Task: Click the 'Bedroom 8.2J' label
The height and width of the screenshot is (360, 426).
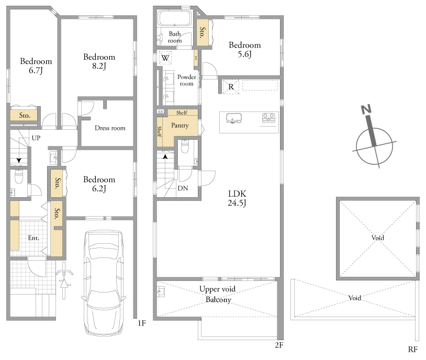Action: (99, 61)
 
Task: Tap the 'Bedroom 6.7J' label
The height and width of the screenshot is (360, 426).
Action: (36, 66)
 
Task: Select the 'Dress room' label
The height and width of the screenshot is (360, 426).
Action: (110, 128)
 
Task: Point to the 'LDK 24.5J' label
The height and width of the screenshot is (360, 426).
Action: (237, 198)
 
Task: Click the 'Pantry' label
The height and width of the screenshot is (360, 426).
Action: (180, 126)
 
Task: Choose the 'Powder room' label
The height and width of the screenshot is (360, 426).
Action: (187, 80)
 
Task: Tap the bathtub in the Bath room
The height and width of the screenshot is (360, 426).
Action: (175, 18)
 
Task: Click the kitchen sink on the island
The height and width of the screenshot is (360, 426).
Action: (233, 118)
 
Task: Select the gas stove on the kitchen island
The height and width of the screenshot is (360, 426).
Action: (268, 118)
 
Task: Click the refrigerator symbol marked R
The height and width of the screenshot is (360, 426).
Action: (231, 87)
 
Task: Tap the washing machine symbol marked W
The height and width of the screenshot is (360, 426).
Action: (165, 58)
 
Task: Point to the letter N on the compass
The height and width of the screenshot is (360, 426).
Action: (366, 109)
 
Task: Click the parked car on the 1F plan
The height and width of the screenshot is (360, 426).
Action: (104, 283)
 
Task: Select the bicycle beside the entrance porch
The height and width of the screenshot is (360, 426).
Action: (64, 280)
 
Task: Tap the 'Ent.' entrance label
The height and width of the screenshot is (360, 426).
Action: (33, 238)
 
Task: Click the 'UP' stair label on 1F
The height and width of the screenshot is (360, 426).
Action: (36, 138)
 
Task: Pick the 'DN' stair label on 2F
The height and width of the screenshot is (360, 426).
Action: (183, 188)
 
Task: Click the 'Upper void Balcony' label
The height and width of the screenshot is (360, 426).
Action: (218, 294)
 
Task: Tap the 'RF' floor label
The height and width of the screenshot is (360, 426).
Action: (413, 350)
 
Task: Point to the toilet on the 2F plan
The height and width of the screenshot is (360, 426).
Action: (185, 147)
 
